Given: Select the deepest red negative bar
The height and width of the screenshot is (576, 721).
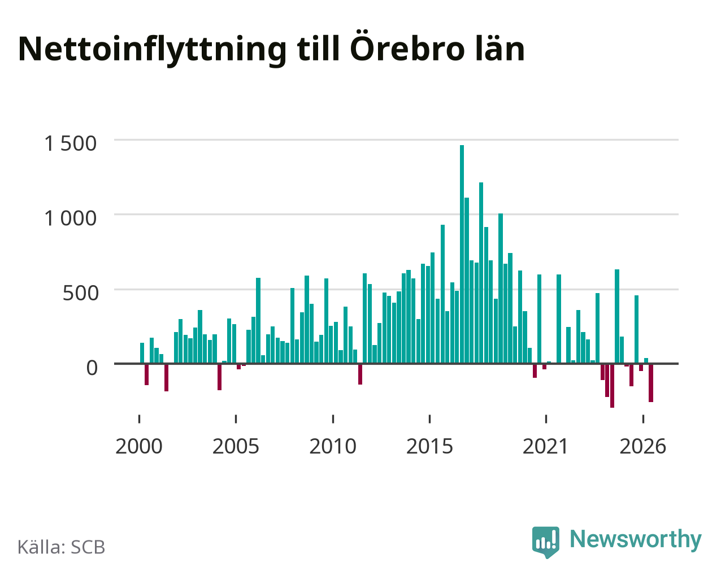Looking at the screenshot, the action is [x=612, y=386].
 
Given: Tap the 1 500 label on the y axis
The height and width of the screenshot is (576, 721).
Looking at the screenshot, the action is [x=71, y=143].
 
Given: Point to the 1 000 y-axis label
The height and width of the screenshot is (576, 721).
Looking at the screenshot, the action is [x=71, y=219].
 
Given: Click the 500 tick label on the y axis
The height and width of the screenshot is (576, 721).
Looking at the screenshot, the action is [x=80, y=293].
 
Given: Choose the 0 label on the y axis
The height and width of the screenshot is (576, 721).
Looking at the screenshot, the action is [x=92, y=368].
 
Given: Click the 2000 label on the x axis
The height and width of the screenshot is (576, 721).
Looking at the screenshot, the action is [x=139, y=446].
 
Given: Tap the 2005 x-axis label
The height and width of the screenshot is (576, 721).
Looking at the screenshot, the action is [x=236, y=446].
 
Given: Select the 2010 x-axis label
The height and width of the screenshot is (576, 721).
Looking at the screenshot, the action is [x=333, y=446].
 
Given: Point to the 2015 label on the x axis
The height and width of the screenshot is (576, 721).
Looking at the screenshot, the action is [x=429, y=446].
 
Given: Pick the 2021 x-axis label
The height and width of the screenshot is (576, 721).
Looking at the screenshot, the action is [x=545, y=446].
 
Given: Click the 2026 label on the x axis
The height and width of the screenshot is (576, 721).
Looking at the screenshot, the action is [x=643, y=446].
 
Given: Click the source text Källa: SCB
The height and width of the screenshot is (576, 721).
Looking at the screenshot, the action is [x=62, y=547].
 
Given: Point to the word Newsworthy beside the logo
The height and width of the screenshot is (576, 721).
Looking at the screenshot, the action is [x=636, y=539].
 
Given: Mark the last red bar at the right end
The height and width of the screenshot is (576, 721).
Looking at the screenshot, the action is [x=651, y=383].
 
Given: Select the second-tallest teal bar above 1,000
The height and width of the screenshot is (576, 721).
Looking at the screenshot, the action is [x=481, y=273].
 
